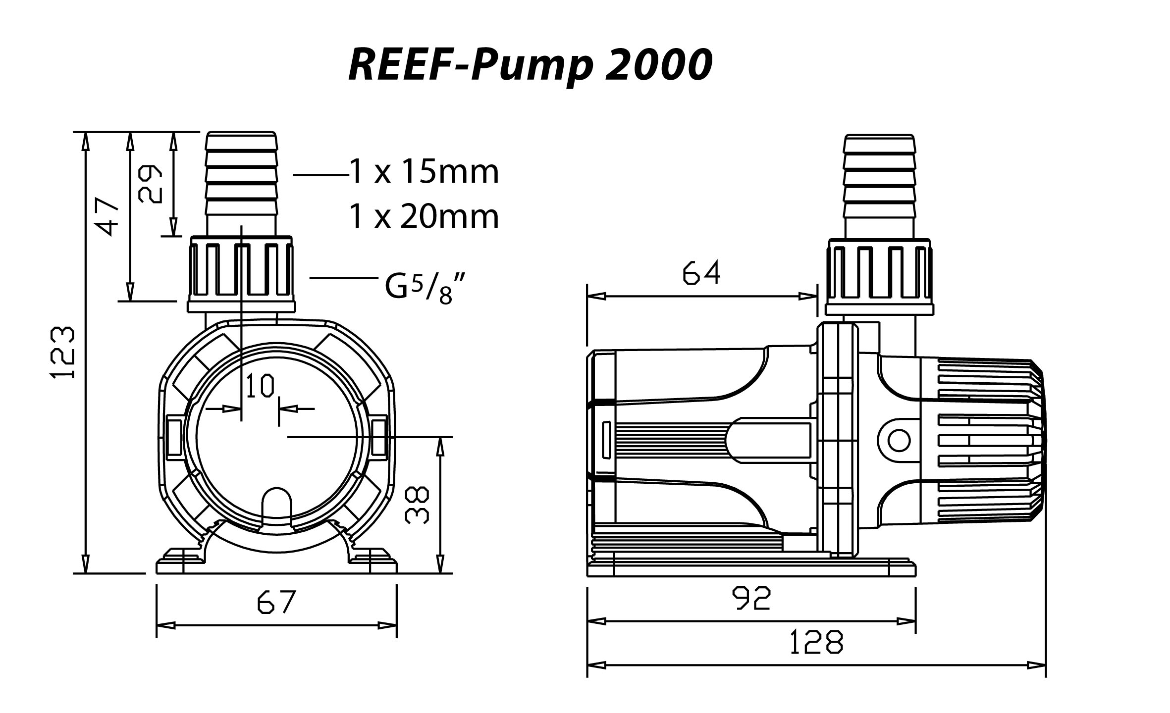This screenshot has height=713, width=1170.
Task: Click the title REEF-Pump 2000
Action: pyautogui.click(x=530, y=65)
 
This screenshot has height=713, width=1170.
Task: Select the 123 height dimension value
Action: pyautogui.click(x=64, y=352)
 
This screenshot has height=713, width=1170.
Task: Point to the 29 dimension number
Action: pyautogui.click(x=150, y=184)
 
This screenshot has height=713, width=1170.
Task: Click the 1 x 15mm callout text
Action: pyautogui.click(x=424, y=172)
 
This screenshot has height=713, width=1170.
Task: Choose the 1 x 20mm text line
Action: pyautogui.click(x=424, y=216)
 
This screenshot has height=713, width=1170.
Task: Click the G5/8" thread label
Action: pyautogui.click(x=425, y=289)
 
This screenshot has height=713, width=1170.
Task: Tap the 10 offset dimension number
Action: pyautogui.click(x=260, y=386)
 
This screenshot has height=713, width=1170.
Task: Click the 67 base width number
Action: pyautogui.click(x=276, y=602)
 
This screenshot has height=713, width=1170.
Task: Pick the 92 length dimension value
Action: pyautogui.click(x=752, y=598)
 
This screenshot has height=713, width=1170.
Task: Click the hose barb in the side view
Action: pyautogui.click(x=879, y=183)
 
